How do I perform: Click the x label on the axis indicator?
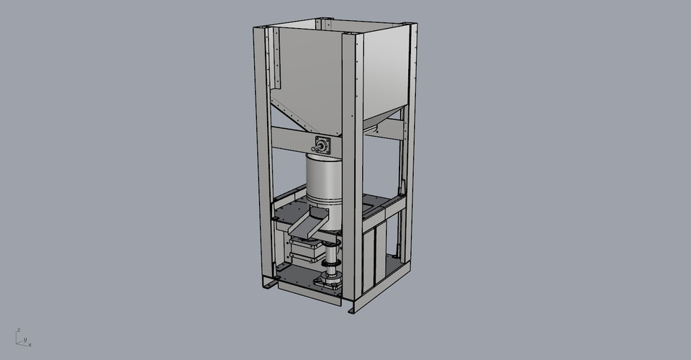coord(30,345)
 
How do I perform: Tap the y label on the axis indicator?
coord(24,340)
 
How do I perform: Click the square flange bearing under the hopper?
coord(322,145)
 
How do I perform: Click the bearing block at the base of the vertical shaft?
coord(332,283)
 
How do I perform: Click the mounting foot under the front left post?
coord(268,285)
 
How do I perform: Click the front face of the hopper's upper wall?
coord(310,65)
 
